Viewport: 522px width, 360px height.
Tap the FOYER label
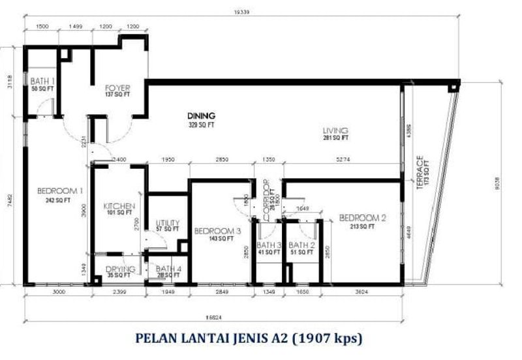click(118, 87)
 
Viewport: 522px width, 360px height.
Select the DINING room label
click(201, 115)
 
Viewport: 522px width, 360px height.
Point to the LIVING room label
click(335, 130)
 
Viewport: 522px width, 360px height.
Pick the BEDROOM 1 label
click(60, 190)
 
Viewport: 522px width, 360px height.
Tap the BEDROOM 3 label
click(217, 231)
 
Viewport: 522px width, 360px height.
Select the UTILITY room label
click(167, 222)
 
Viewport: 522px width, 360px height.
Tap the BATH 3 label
click(269, 245)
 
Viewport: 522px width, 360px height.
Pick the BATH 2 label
click(302, 245)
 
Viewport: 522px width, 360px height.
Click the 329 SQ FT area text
click(201, 124)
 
